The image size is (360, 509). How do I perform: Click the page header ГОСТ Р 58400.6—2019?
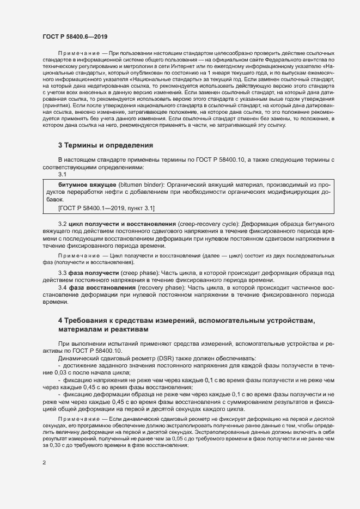75,36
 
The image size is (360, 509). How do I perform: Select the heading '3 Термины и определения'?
106,145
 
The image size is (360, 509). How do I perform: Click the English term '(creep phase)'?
141,272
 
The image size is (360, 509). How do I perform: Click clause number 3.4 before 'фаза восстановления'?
62,287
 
